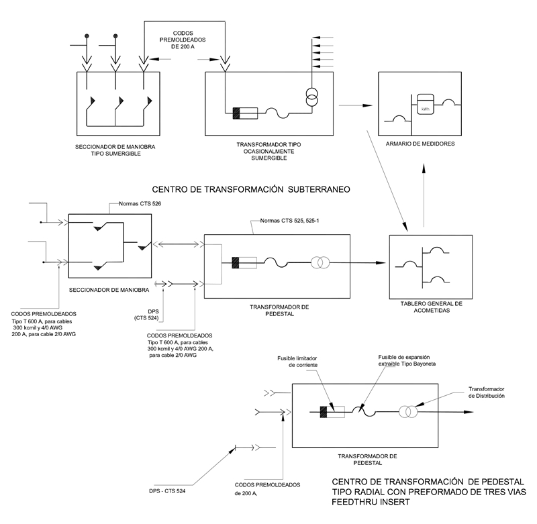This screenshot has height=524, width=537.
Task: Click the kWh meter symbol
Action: (425, 105)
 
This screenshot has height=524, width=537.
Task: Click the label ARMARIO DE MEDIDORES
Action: (420, 144)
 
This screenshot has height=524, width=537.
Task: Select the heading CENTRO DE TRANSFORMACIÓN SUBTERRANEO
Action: (251, 189)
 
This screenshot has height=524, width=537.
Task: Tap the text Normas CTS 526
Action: (140, 204)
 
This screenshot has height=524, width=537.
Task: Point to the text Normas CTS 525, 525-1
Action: (289, 221)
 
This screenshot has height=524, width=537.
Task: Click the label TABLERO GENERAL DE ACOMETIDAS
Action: (432, 307)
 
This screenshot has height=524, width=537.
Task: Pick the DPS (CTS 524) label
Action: (149, 315)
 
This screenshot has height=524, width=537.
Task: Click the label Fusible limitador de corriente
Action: (297, 362)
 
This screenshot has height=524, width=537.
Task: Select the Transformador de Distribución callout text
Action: (486, 392)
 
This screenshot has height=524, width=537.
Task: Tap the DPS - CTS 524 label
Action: (167, 491)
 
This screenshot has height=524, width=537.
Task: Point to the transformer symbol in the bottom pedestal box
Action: (408, 412)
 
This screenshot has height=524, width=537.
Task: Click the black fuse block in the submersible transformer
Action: (236, 113)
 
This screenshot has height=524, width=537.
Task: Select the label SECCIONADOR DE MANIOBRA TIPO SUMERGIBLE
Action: (115, 150)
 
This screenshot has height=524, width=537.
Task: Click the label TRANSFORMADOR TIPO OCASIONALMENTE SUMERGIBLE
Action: (269, 151)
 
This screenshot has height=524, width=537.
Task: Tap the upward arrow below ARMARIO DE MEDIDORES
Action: (424, 195)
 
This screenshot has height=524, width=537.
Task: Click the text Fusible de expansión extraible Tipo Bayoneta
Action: (407, 360)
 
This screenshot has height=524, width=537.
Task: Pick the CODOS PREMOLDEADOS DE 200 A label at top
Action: (183, 40)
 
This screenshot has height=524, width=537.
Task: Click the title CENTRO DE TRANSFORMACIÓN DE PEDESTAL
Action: (428, 482)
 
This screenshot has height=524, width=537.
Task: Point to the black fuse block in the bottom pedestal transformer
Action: (324, 412)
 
